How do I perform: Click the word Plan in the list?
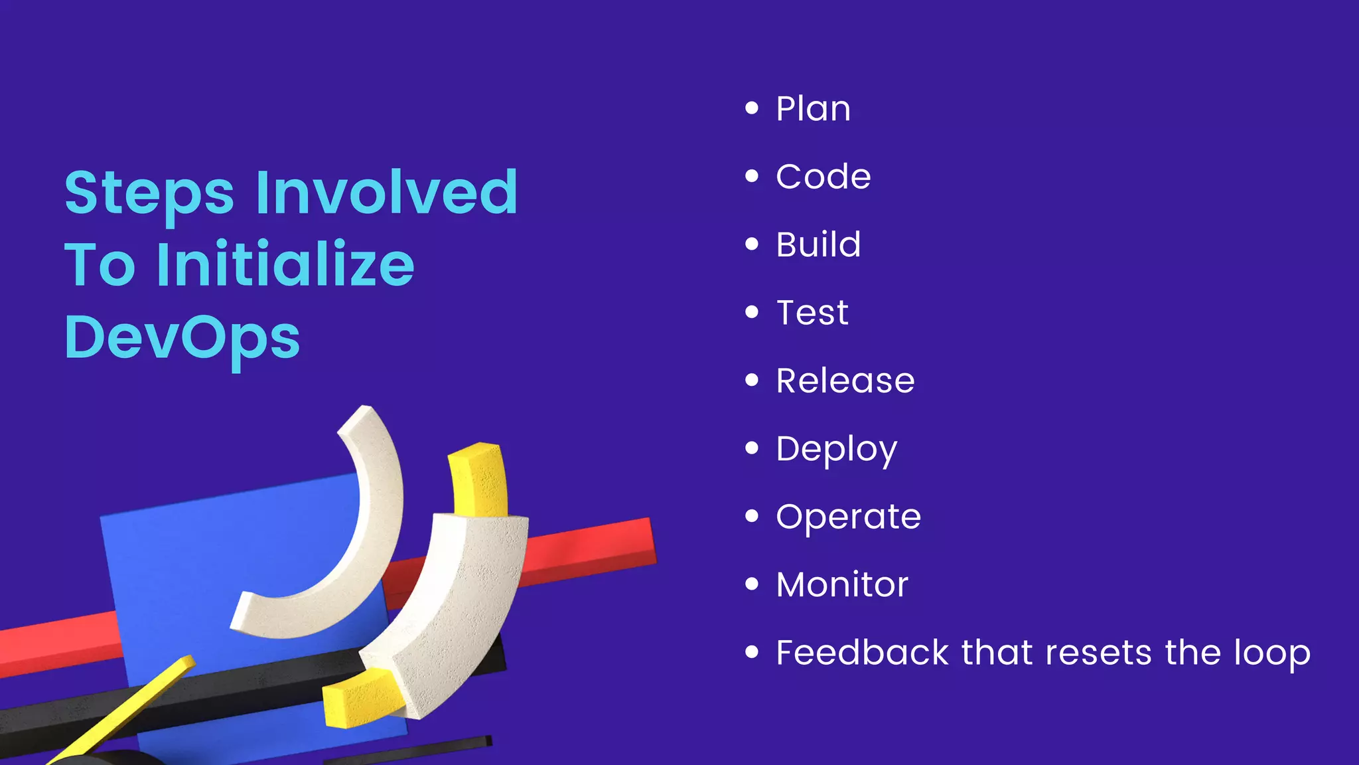(813, 108)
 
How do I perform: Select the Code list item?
(823, 177)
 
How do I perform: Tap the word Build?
(818, 244)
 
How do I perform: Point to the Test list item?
(812, 313)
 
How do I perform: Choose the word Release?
(845, 381)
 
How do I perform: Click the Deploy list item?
(836, 450)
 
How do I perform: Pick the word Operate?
(848, 517)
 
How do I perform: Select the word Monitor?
(841, 585)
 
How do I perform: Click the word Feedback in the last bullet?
(862, 652)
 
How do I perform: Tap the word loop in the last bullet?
(1271, 653)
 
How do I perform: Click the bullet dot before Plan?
(751, 108)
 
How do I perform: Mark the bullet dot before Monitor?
(751, 584)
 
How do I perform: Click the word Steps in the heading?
(149, 194)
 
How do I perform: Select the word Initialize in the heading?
(285, 264)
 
